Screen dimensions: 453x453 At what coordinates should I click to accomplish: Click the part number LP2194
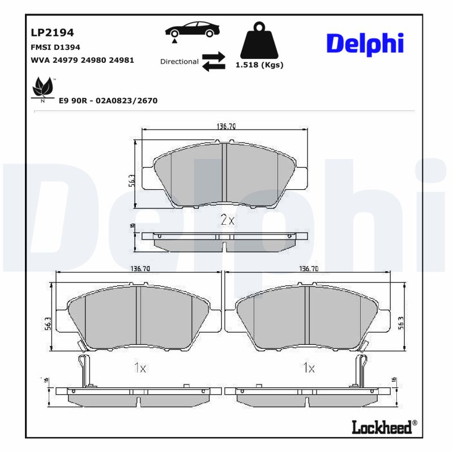[x=52, y=33]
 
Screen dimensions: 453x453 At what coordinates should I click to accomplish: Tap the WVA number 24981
[x=122, y=60]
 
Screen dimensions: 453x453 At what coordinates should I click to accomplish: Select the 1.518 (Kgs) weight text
[x=259, y=65]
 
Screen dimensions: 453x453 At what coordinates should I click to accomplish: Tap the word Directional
[x=179, y=62]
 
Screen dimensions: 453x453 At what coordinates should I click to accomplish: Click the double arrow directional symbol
[x=213, y=62]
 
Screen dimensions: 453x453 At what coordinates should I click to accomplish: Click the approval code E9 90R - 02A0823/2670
[x=108, y=101]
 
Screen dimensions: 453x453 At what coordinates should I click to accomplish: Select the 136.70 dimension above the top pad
[x=226, y=126]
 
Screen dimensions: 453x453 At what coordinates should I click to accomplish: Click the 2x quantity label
[x=226, y=220]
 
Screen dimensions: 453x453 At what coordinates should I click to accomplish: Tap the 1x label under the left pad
[x=140, y=368]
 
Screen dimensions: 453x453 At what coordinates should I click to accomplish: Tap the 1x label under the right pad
[x=309, y=368]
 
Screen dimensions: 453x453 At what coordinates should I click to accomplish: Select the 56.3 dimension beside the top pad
[x=131, y=180]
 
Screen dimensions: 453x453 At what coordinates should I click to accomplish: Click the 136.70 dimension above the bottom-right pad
[x=309, y=269]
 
